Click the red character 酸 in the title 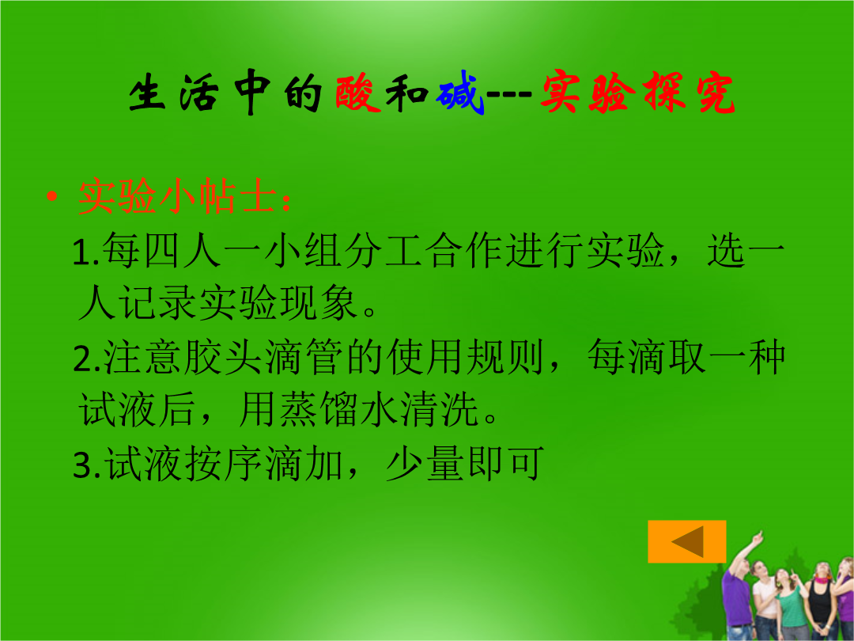coord(358,93)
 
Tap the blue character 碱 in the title coord(460,93)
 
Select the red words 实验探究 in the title coord(638,93)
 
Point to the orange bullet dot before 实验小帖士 coord(51,196)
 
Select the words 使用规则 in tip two coord(465,358)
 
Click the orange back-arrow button coord(687,541)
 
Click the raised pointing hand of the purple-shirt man coord(758,538)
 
